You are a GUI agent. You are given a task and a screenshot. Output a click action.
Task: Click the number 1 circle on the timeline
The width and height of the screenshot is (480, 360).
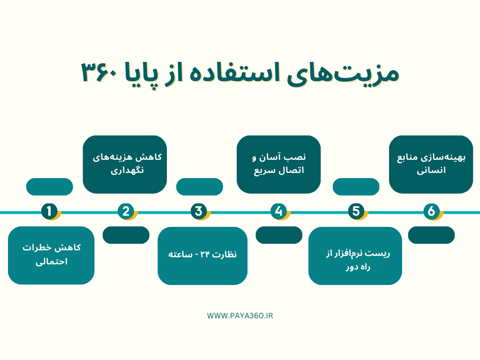pyautogui.click(x=49, y=211)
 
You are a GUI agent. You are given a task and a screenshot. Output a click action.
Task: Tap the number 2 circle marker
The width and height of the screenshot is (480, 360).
pyautogui.click(x=126, y=211)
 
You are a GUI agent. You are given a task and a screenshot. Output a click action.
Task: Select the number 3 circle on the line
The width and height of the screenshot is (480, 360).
pyautogui.click(x=199, y=211)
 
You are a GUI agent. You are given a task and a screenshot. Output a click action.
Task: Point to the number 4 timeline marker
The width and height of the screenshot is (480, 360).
pyautogui.click(x=279, y=211)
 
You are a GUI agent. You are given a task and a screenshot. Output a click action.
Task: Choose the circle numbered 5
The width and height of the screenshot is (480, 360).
pyautogui.click(x=356, y=211)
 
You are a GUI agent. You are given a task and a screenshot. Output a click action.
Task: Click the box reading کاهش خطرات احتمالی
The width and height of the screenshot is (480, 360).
pyautogui.click(x=51, y=255)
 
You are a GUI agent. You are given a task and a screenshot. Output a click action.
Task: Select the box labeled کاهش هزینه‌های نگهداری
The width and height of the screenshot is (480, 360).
pyautogui.click(x=125, y=164)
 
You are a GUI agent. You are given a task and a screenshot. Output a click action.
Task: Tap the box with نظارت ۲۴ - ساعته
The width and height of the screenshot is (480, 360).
pyautogui.click(x=202, y=255)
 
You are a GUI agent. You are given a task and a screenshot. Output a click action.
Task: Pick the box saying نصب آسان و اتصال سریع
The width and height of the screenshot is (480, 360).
pyautogui.click(x=278, y=164)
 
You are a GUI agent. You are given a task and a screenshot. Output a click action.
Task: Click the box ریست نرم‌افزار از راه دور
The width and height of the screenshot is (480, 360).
pyautogui.click(x=355, y=255)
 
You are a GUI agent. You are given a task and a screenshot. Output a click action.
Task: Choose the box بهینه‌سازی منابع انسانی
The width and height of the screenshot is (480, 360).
pyautogui.click(x=431, y=164)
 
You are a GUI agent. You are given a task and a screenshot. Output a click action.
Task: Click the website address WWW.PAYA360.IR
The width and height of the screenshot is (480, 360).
pyautogui.click(x=240, y=315)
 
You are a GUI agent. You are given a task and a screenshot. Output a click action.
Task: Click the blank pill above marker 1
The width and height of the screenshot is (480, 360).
pyautogui.click(x=49, y=187)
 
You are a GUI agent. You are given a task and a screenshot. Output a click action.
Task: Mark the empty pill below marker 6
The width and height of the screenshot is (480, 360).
pyautogui.click(x=431, y=235)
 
